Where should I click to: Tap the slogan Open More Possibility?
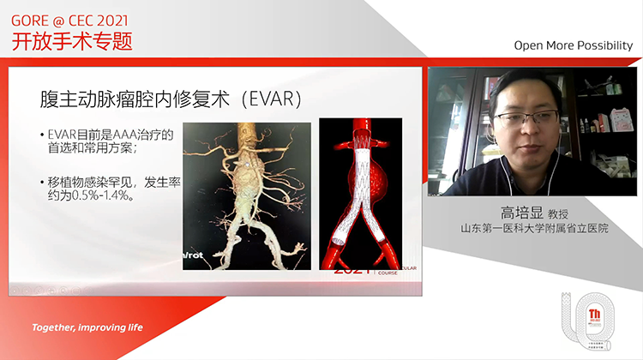pos(573,45)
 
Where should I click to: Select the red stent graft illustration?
pos(360,194)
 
